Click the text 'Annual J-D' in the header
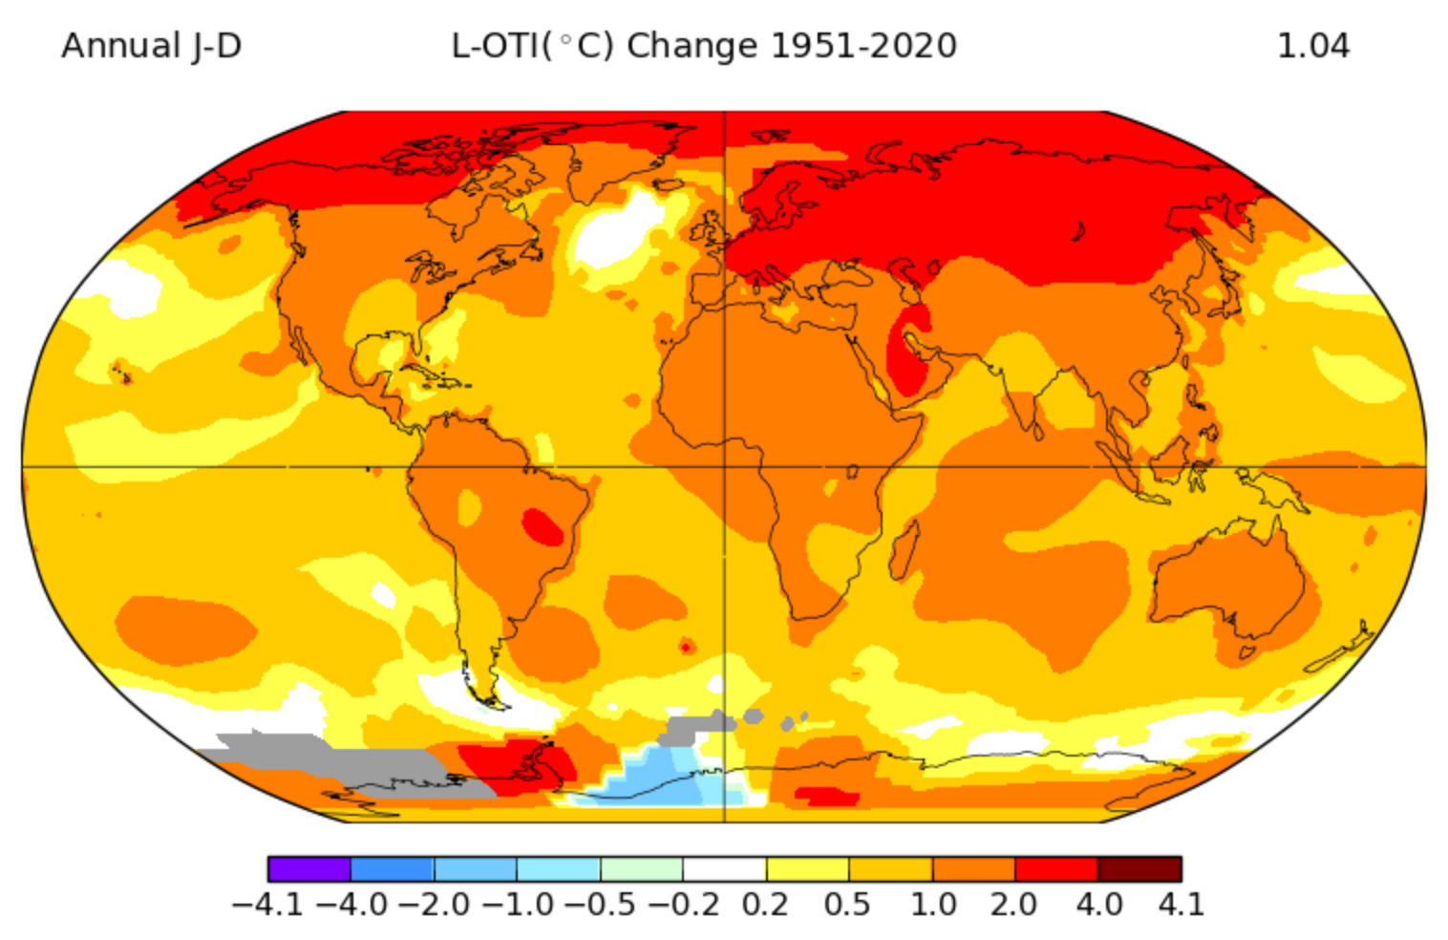(x=151, y=46)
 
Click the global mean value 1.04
(x=1312, y=46)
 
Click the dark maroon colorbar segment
(x=1139, y=868)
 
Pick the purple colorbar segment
(x=309, y=868)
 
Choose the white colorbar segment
(x=724, y=868)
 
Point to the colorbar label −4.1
(x=267, y=904)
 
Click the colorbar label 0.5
(x=848, y=904)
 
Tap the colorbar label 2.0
(x=1013, y=904)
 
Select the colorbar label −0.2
(x=684, y=904)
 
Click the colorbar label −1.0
(x=517, y=904)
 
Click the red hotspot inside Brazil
(x=543, y=526)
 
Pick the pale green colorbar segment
(x=641, y=868)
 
